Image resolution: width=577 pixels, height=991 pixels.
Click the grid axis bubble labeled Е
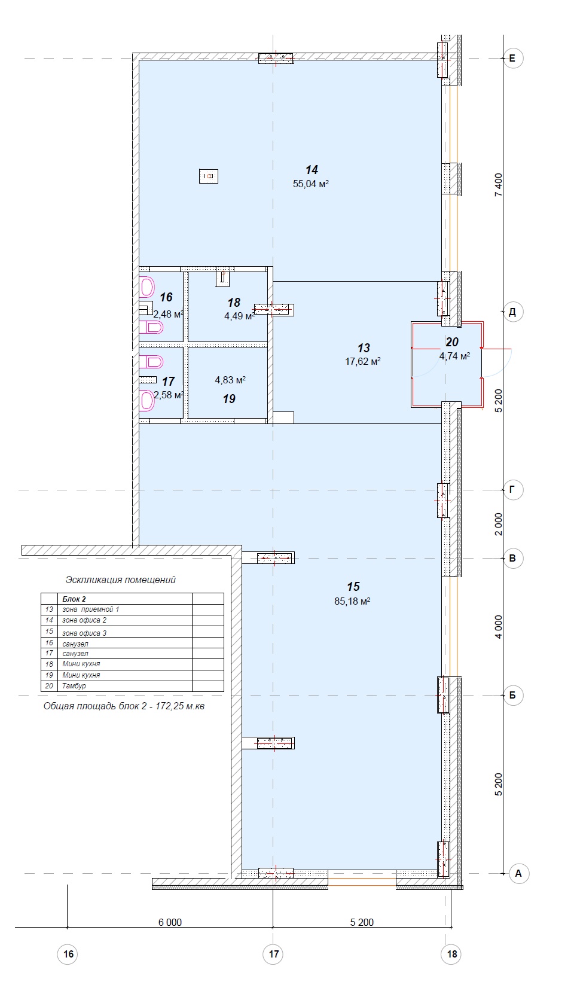pyautogui.click(x=513, y=58)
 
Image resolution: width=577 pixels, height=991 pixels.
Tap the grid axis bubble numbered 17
pyautogui.click(x=274, y=954)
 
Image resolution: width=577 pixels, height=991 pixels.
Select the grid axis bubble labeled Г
pyautogui.click(x=513, y=490)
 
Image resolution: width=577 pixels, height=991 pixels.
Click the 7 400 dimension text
pyautogui.click(x=499, y=184)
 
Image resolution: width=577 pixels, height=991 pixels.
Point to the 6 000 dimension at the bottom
pyautogui.click(x=170, y=922)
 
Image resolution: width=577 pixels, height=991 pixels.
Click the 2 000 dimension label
pyautogui.click(x=499, y=525)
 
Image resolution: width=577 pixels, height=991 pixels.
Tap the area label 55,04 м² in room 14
pyautogui.click(x=311, y=184)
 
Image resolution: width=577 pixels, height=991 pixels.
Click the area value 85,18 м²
pyautogui.click(x=352, y=601)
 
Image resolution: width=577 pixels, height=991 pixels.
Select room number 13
pyautogui.click(x=364, y=347)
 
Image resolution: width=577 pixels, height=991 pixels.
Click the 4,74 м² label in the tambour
pyautogui.click(x=454, y=356)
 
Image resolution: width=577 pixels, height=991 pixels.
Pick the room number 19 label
pyautogui.click(x=229, y=398)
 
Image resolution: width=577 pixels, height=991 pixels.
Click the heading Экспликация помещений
pyautogui.click(x=121, y=580)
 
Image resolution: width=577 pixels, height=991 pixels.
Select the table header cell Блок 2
pyautogui.click(x=74, y=599)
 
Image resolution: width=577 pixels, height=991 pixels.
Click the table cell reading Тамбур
pyautogui.click(x=74, y=686)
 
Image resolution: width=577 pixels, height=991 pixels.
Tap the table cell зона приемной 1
pyautogui.click(x=91, y=609)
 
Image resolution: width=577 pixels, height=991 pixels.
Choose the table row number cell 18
pyautogui.click(x=49, y=664)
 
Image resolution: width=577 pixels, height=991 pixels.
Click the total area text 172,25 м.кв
pyautogui.click(x=180, y=706)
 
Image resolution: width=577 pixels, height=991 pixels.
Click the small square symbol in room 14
pyautogui.click(x=209, y=176)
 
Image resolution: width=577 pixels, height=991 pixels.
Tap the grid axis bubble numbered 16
pyautogui.click(x=68, y=954)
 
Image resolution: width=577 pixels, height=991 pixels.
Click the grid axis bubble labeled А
pyautogui.click(x=518, y=873)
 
